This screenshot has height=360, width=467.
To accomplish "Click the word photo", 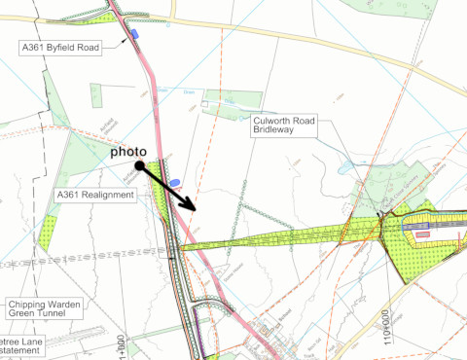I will point(127,153).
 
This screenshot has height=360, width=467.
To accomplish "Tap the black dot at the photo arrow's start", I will point(140,166).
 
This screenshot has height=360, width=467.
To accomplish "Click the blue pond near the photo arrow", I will point(175,182).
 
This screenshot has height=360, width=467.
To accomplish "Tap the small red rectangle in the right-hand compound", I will point(423,234).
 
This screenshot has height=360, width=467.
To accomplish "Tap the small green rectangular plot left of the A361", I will point(96,95).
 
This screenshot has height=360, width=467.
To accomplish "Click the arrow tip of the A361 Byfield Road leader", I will point(128,40).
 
